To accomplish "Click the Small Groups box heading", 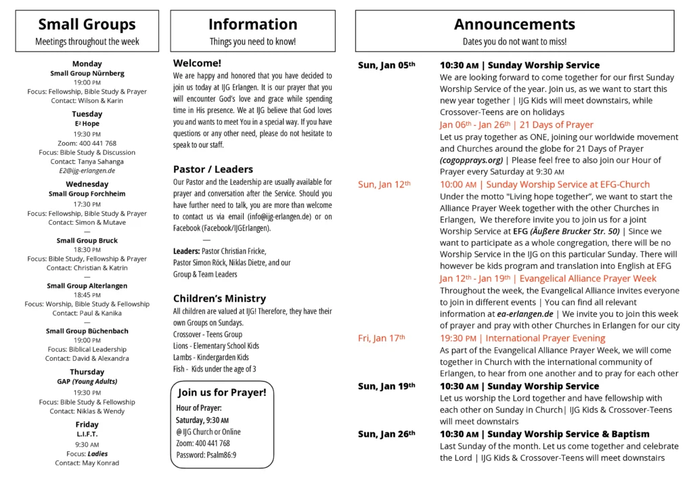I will pos(87,25).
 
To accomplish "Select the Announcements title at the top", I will pos(514,25).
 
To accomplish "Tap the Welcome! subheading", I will pos(198,63).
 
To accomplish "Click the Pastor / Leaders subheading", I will pos(213,169).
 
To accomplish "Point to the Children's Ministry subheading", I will pos(219,298).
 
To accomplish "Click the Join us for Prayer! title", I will pos(222,393).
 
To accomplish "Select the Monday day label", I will pos(87,64).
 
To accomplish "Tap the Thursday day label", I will pos(87,372).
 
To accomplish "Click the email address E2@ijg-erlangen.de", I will pos(87,171).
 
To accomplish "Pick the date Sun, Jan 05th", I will pos(386,65).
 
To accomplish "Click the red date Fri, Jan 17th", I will pos(382,338).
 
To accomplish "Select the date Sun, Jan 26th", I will pos(386,434).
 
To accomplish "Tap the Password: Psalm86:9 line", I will pos(206,455).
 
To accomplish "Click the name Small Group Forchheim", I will pos(87,194).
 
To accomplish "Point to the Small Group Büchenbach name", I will pos(87,331).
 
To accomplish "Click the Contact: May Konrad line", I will pos(87,463).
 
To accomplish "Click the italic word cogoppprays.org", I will pos(471,160).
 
